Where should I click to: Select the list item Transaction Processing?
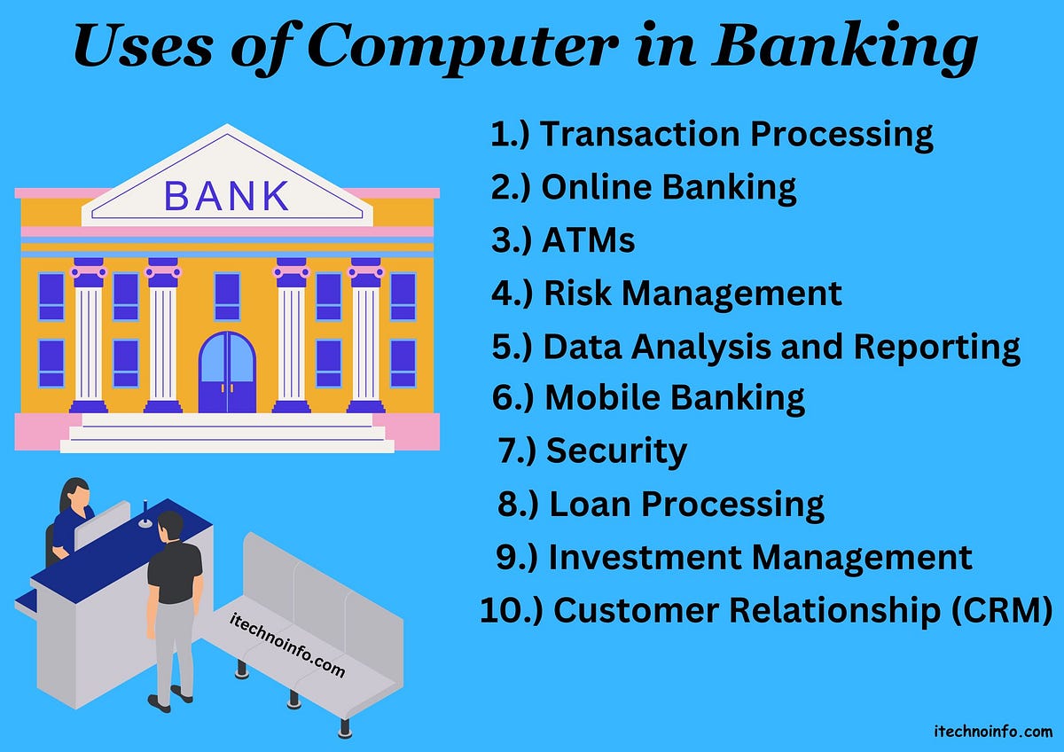pos(736,135)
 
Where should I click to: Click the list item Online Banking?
pos(669,187)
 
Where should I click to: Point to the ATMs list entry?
pos(588,240)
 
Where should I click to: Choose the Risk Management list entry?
pos(692,293)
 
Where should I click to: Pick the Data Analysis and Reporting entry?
pos(781,347)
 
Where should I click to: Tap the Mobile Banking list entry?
pos(674,398)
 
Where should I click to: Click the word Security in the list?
pos(616,451)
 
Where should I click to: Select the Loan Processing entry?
pos(686,505)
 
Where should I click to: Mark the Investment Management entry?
pos(760,558)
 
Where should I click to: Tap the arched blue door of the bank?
pos(227,372)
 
